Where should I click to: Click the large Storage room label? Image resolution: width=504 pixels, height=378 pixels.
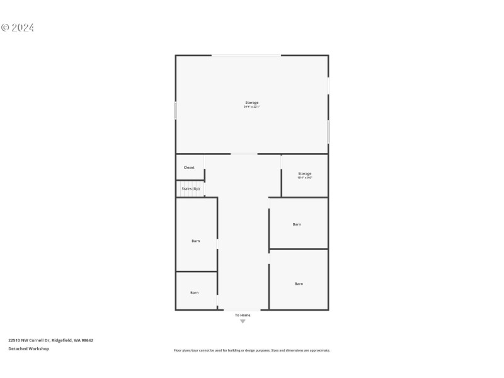coord(252,103)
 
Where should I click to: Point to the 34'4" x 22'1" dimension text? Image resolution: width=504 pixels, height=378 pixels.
coord(252,107)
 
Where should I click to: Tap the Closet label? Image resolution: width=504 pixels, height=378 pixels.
coord(189,168)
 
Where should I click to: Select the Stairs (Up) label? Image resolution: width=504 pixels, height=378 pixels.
coord(191,188)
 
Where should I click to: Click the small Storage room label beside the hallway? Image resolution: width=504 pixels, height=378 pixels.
coord(305,173)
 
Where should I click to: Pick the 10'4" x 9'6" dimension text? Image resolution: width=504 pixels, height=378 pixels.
coord(305,178)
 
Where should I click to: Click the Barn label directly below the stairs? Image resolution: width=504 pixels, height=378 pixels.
coord(196,241)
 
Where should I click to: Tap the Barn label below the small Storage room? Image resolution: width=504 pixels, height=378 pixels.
coord(297,224)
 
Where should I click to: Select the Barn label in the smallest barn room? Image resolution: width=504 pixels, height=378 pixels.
coord(195,292)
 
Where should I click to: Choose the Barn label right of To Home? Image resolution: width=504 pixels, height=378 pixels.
coord(299,283)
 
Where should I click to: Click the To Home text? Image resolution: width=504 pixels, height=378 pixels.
coord(243,315)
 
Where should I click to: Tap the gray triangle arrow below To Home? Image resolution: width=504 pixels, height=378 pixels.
coord(243,322)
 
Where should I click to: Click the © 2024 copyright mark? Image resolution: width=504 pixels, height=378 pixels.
coord(18,28)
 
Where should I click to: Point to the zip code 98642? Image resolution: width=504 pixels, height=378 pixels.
coord(87,340)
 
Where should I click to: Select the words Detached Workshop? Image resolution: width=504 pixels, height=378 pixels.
coord(28,348)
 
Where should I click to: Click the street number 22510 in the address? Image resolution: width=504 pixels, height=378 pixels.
coord(14,340)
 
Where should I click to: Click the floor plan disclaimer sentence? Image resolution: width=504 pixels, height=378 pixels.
coord(252,350)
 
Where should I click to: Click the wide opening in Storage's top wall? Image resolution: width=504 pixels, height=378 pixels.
coord(246,55)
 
